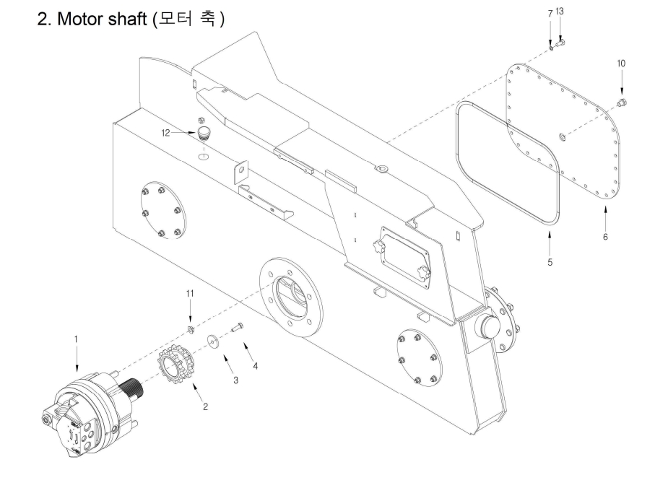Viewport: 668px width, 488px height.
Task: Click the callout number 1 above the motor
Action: click(77, 339)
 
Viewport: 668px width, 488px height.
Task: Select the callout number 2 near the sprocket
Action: click(205, 406)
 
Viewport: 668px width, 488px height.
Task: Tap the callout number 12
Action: click(165, 133)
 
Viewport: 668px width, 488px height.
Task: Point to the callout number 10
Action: click(621, 64)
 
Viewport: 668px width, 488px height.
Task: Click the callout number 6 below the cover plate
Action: click(605, 237)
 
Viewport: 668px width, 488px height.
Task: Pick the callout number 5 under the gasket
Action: click(550, 262)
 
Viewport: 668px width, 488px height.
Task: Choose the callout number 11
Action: click(190, 293)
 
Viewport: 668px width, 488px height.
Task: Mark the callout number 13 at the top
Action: click(560, 12)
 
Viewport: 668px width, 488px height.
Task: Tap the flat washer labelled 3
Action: click(212, 341)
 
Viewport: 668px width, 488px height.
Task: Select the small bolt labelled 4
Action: click(238, 327)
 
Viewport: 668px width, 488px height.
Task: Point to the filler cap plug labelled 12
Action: click(204, 132)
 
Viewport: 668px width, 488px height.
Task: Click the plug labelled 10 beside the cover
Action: click(623, 102)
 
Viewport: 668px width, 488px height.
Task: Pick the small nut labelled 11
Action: click(191, 329)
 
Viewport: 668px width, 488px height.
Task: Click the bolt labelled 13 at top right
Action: click(560, 43)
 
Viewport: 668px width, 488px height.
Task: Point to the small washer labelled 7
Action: click(551, 48)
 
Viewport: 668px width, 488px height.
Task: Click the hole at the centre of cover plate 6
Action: click(563, 136)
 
